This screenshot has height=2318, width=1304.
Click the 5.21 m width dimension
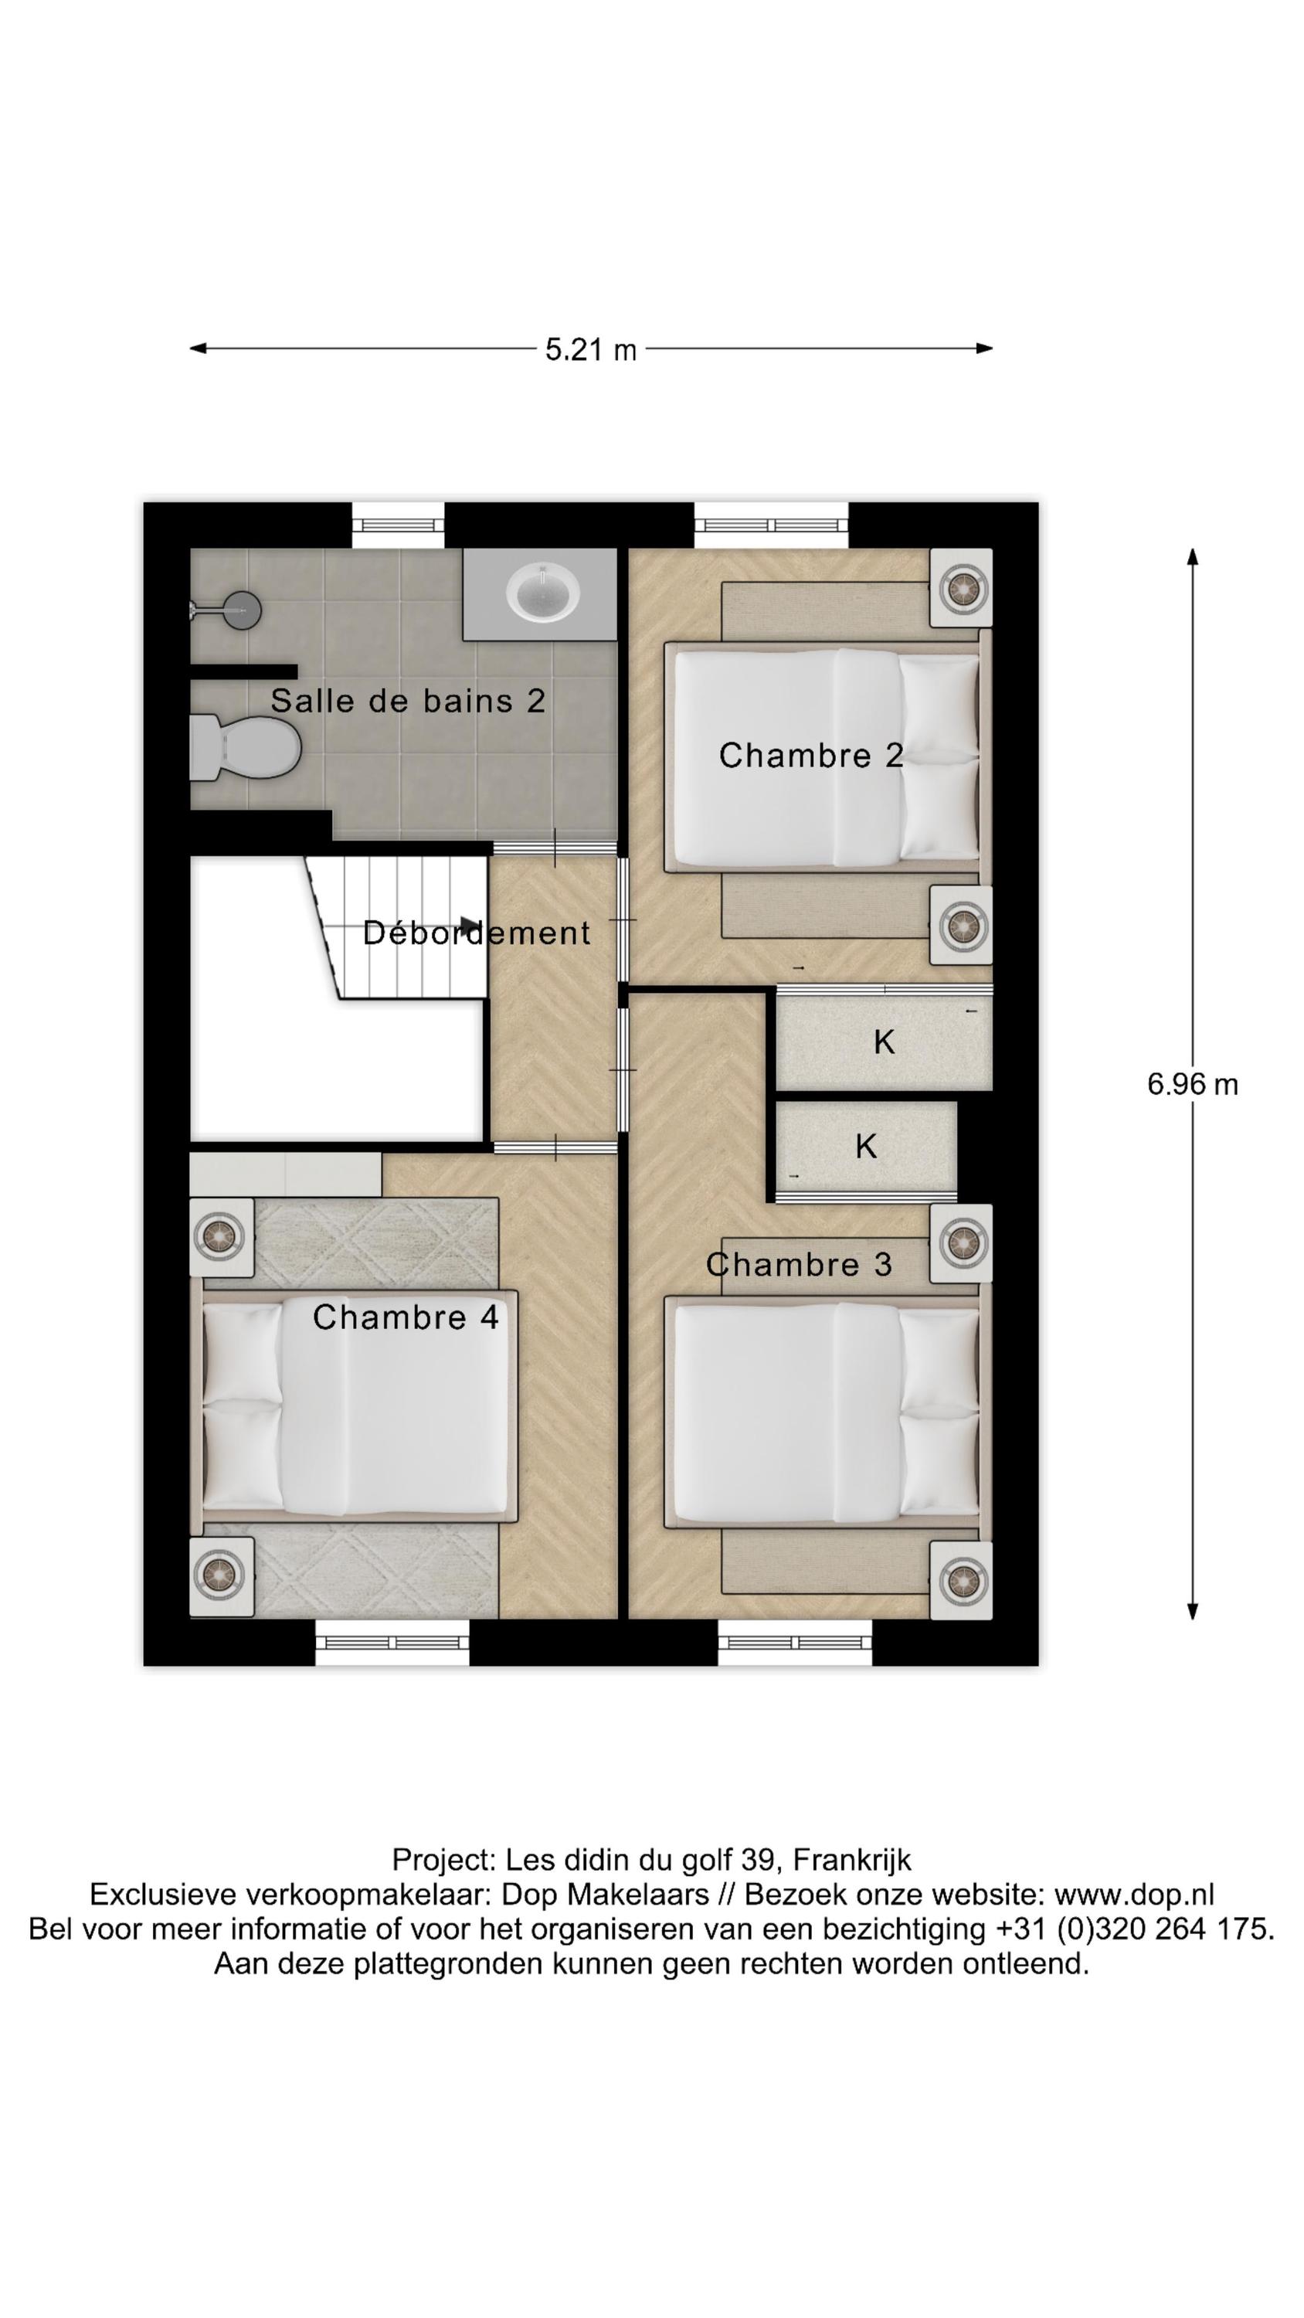[590, 349]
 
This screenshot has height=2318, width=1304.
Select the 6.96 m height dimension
[1191, 1084]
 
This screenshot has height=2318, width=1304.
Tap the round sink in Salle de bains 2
[542, 591]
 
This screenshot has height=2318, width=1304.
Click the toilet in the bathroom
[245, 748]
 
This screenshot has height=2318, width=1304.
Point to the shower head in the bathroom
[239, 611]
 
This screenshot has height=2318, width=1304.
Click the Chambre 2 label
[810, 755]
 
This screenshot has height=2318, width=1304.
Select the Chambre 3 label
[798, 1264]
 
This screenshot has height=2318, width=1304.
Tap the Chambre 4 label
[405, 1317]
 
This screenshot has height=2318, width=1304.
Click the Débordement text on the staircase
[476, 933]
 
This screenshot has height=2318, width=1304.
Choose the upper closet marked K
[884, 1042]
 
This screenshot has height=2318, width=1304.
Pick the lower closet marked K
[865, 1147]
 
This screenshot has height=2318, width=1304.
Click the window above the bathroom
[397, 525]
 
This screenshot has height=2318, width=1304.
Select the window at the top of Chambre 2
[770, 525]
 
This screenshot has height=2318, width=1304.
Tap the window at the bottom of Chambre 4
[392, 1642]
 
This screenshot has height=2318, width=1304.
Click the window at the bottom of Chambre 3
[793, 1642]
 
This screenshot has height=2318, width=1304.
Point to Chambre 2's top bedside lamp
[960, 589]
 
